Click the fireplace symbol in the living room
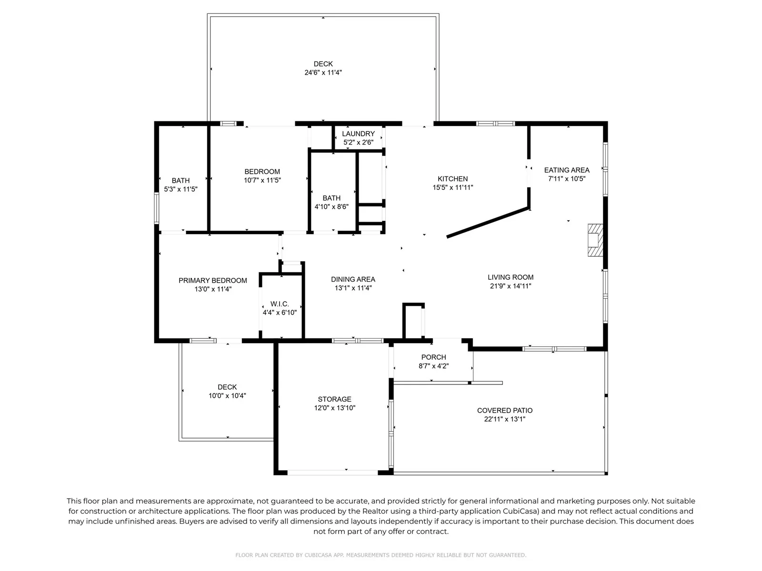pyautogui.click(x=595, y=240)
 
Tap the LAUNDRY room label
pyautogui.click(x=358, y=134)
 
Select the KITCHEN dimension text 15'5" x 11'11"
pyautogui.click(x=453, y=187)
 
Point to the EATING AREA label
pyautogui.click(x=567, y=170)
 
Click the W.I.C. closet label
pyautogui.click(x=280, y=304)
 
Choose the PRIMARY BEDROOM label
pyautogui.click(x=213, y=280)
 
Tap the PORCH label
pyautogui.click(x=433, y=357)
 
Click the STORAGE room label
pyautogui.click(x=335, y=399)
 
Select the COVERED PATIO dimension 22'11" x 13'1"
pyautogui.click(x=505, y=419)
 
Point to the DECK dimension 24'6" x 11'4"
pyautogui.click(x=323, y=72)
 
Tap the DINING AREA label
pyautogui.click(x=353, y=279)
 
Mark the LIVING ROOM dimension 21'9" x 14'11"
pyautogui.click(x=511, y=286)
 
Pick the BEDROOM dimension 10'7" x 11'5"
pyautogui.click(x=262, y=180)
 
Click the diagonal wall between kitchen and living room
pyautogui.click(x=488, y=223)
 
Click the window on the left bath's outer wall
pyautogui.click(x=157, y=208)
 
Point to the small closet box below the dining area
pyautogui.click(x=413, y=321)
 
